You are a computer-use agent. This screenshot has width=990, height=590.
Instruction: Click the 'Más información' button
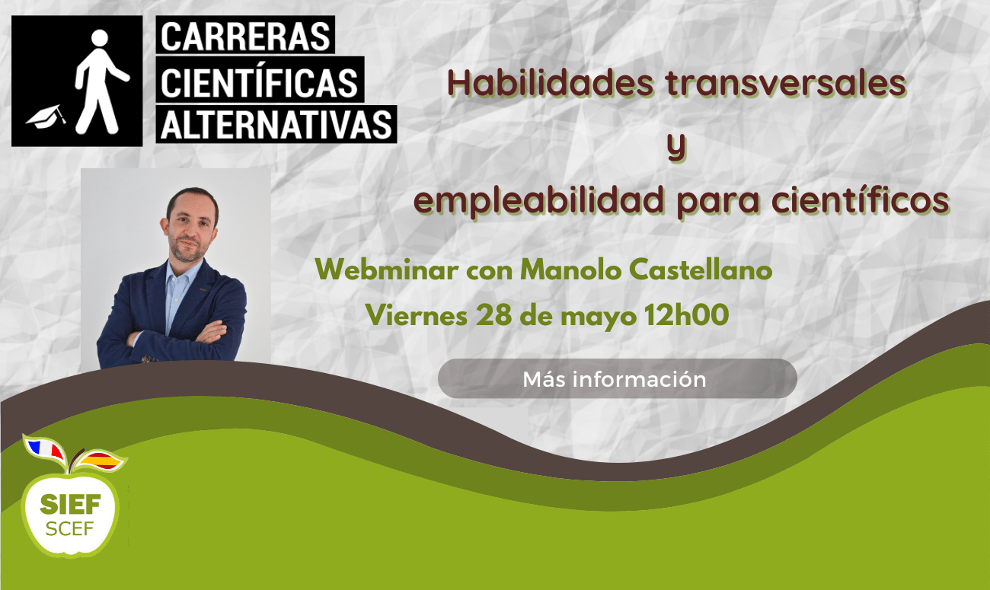(618, 379)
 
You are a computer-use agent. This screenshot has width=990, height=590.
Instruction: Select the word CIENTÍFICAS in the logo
(260, 82)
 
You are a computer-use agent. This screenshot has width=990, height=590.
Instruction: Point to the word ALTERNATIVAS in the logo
(276, 125)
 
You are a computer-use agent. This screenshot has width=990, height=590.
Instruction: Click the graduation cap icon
(46, 117)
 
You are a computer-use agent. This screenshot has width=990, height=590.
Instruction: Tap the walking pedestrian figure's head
(100, 38)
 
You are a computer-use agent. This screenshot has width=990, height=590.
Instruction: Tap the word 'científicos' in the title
(861, 200)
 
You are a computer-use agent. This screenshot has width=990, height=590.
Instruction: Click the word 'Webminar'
(387, 269)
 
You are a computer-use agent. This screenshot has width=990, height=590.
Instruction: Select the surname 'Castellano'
(701, 269)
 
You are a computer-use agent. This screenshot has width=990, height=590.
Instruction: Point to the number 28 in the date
(493, 315)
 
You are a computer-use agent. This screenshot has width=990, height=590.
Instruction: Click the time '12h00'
(686, 314)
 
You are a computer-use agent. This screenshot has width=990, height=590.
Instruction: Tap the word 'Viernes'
(417, 315)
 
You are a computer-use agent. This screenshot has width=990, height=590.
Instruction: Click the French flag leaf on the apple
(44, 449)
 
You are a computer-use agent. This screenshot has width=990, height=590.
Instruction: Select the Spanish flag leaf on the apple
(101, 461)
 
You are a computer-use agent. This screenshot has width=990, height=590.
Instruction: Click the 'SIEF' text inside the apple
(70, 504)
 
